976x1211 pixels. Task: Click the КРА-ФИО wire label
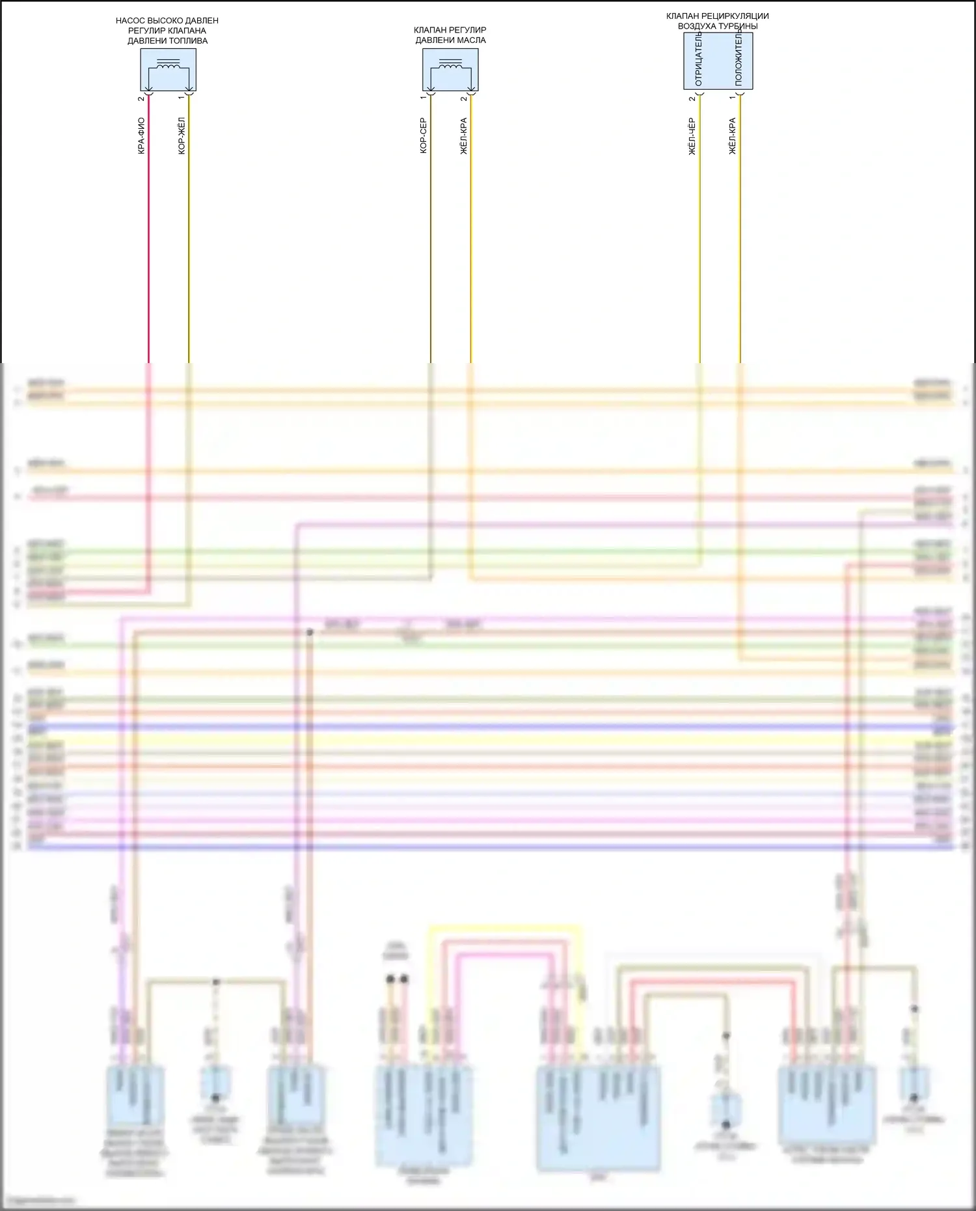coord(141,135)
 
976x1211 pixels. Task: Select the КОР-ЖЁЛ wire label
coord(182,135)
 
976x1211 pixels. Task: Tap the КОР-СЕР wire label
coord(423,135)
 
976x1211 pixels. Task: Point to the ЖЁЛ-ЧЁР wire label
coord(692,136)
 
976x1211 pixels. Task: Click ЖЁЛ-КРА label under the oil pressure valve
coord(463,135)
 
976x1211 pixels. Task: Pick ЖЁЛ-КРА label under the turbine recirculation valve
coord(732,135)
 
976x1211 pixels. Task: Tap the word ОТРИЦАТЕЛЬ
coord(698,60)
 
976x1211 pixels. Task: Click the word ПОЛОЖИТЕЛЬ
coord(739,57)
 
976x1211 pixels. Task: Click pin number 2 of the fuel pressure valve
coord(141,99)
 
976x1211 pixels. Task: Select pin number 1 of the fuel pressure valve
coord(181,99)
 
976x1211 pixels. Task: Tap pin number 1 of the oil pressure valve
coord(423,98)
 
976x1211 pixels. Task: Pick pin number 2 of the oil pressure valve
coord(463,99)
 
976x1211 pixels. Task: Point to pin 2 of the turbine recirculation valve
coord(692,99)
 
